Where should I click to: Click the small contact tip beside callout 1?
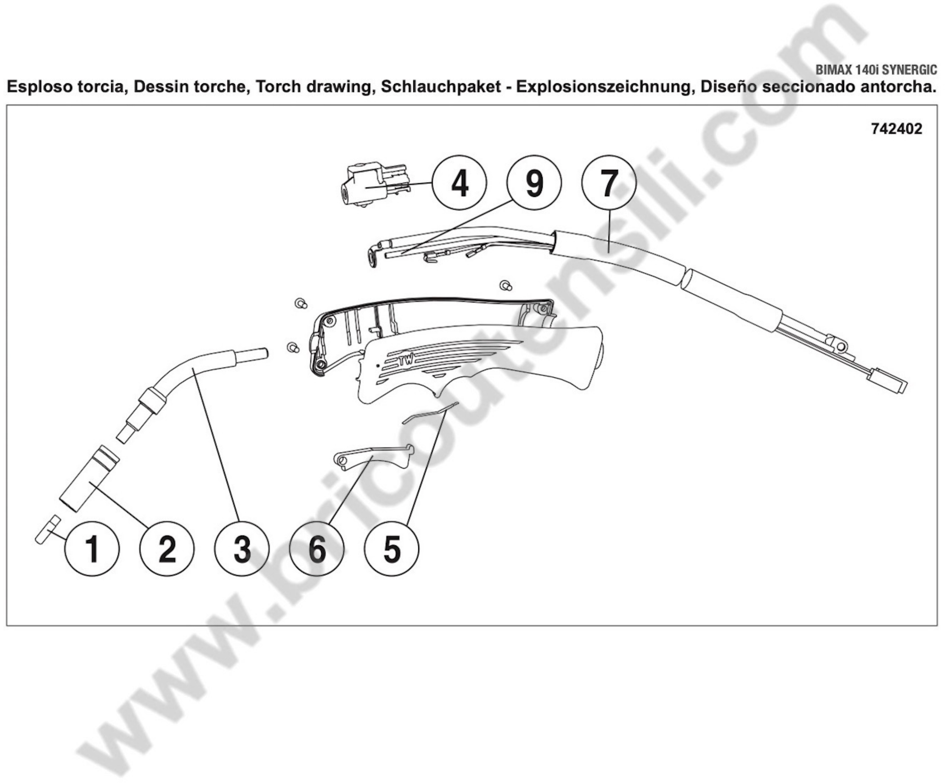tap(48, 530)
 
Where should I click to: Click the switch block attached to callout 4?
tap(373, 185)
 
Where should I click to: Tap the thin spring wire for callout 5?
tap(430, 413)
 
